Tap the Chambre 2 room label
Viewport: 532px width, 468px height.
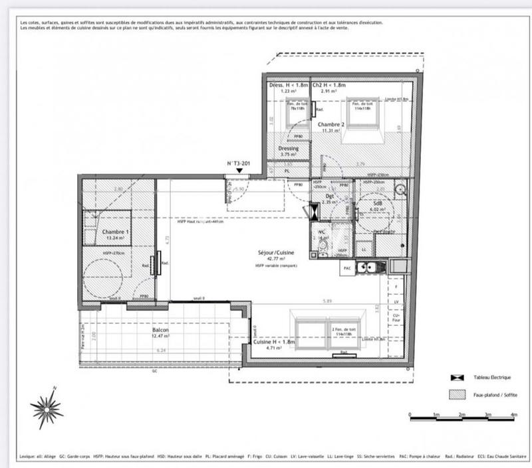(330, 125)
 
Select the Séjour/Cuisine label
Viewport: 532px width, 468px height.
(276, 254)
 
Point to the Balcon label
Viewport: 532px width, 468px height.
(160, 330)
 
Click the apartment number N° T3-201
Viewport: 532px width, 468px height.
(238, 163)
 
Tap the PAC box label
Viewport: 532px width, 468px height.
(346, 268)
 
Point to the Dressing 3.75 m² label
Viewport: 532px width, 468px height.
(288, 149)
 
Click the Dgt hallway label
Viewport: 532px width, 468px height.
(329, 196)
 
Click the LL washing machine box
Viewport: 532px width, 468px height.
(362, 250)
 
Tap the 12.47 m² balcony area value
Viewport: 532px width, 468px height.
(160, 337)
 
